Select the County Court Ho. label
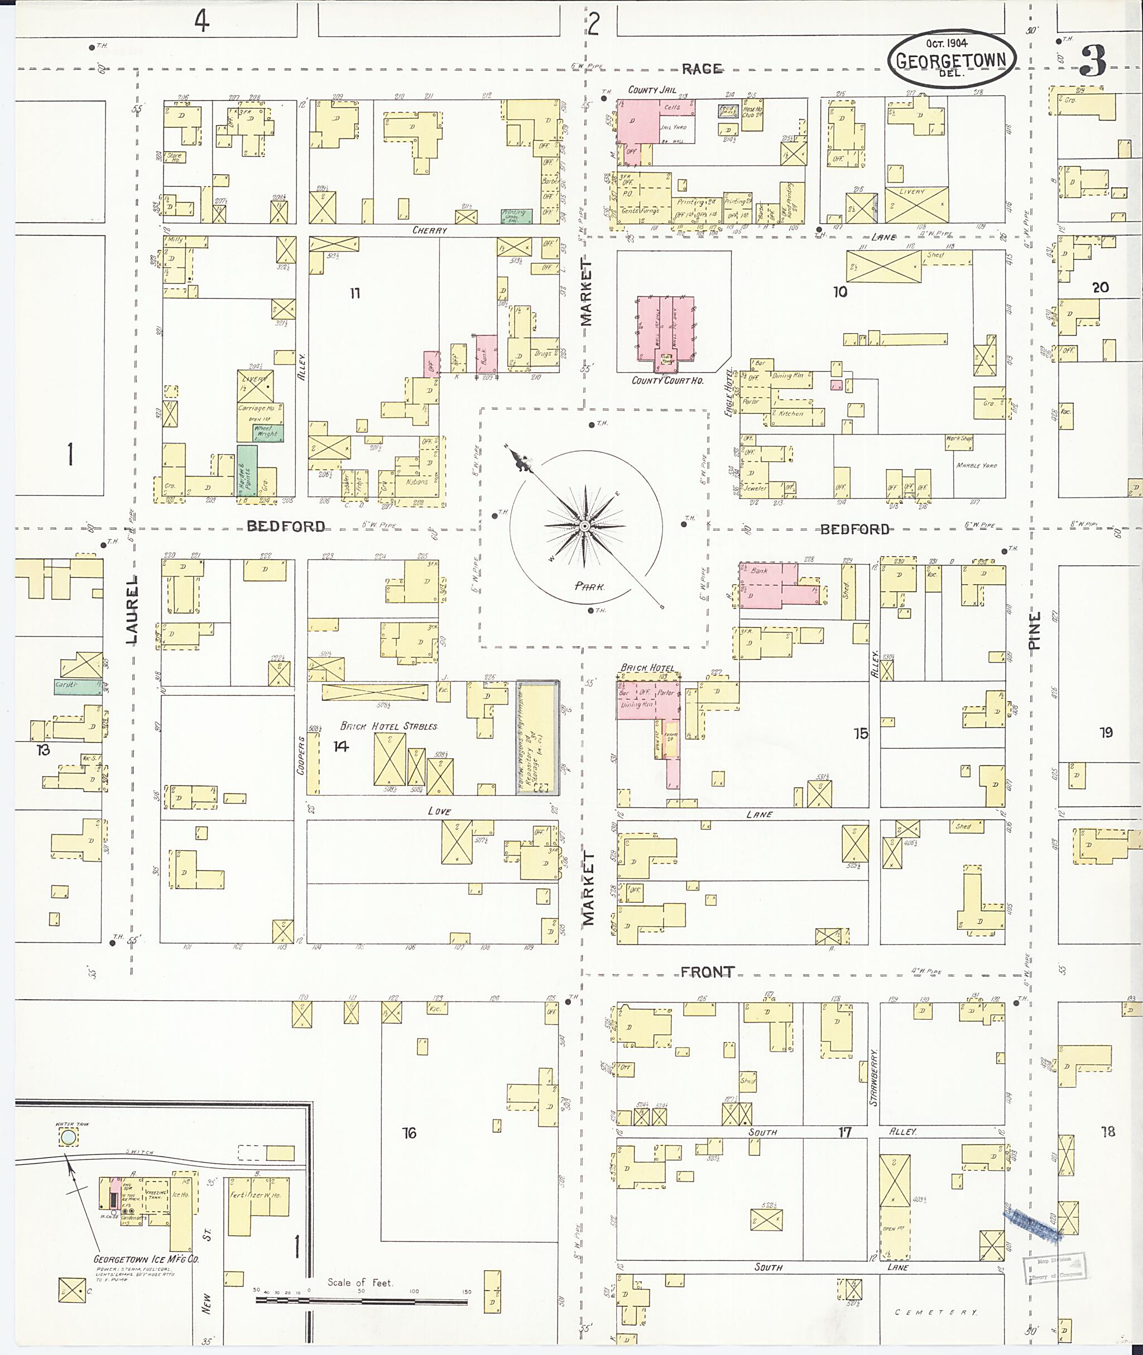(x=667, y=381)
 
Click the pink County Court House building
(x=665, y=329)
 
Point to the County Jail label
(x=652, y=90)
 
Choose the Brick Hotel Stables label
(x=389, y=726)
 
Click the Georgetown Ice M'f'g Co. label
(x=146, y=1259)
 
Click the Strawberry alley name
(x=873, y=1077)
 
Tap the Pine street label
(x=1035, y=630)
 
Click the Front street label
(x=707, y=972)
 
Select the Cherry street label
(x=430, y=230)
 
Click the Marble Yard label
(x=977, y=466)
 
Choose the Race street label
(x=701, y=69)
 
